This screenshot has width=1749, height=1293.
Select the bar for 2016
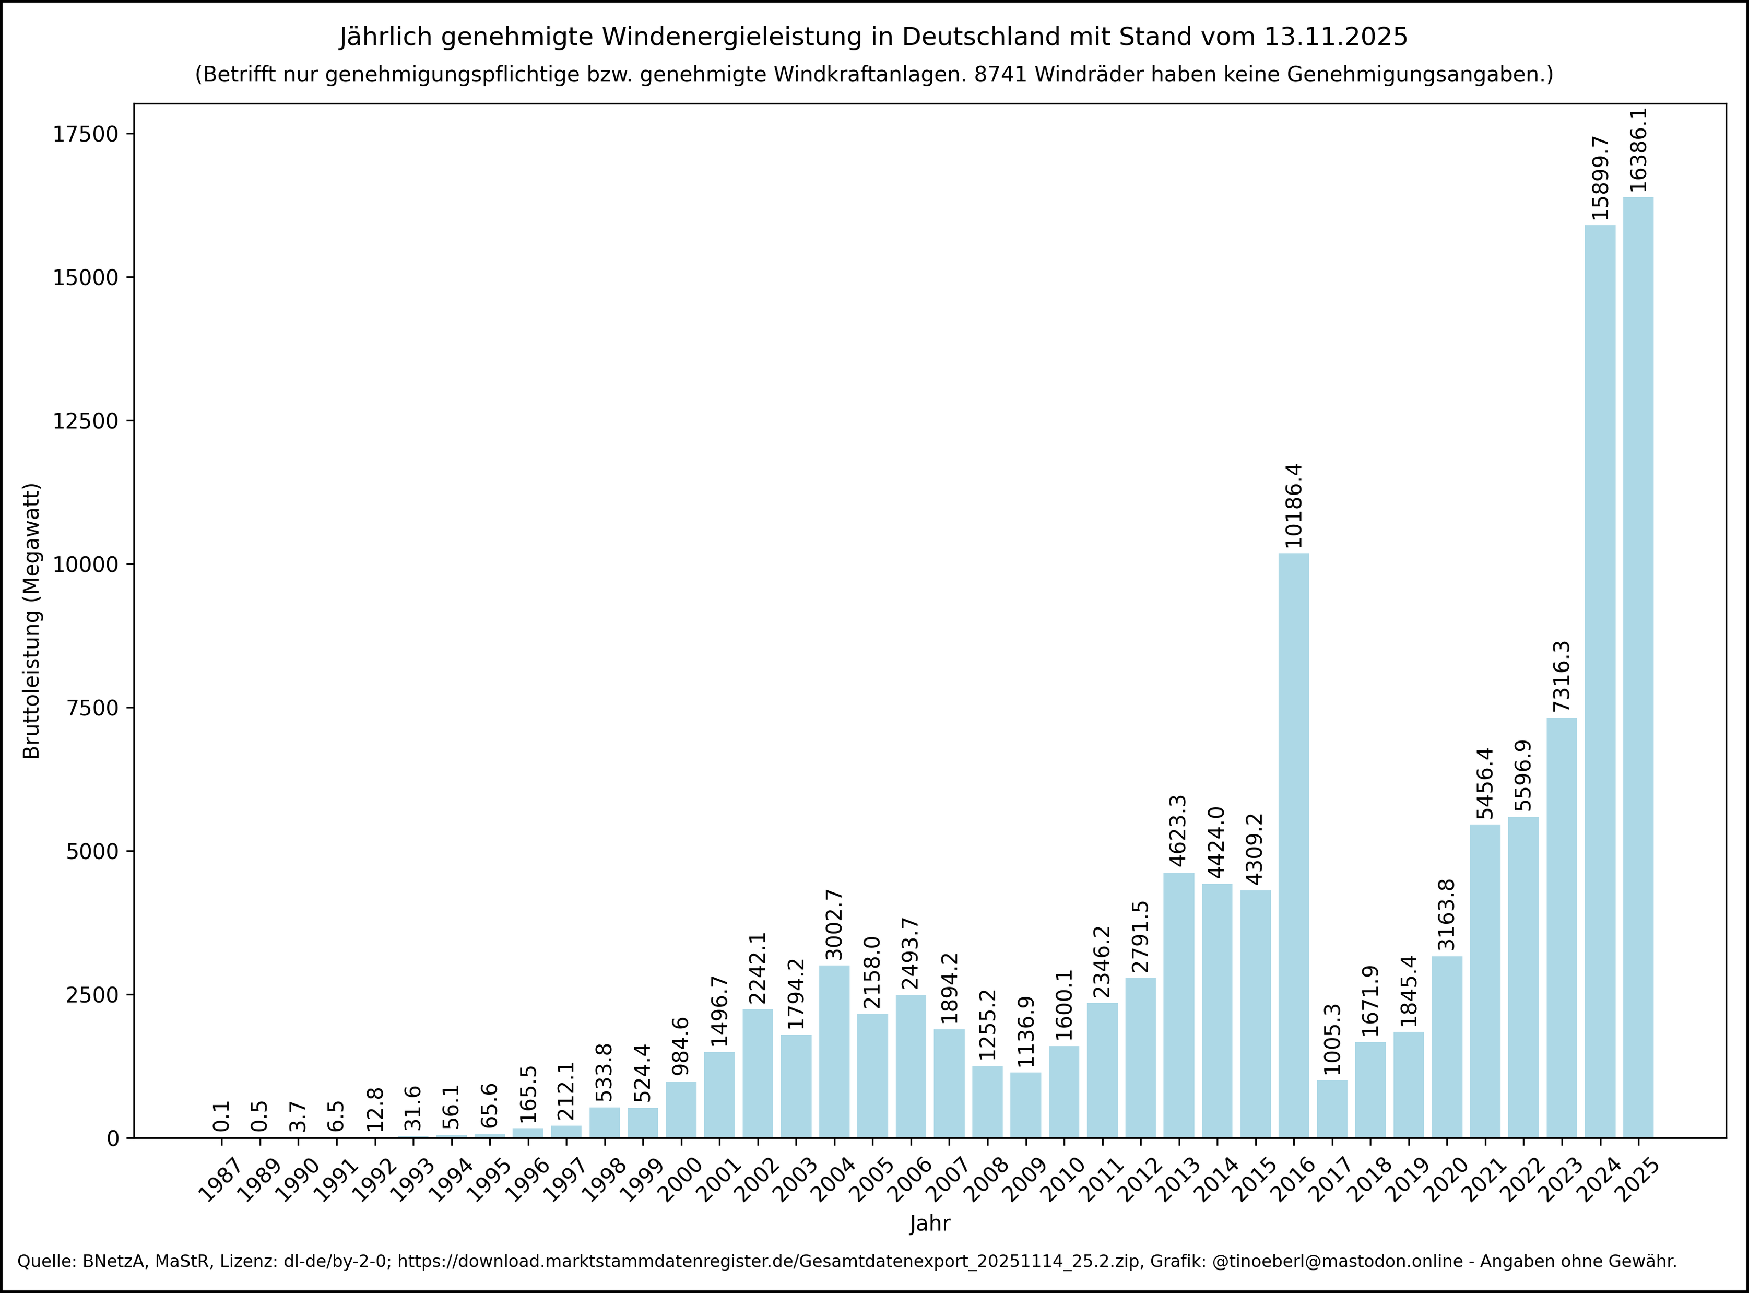tap(1294, 845)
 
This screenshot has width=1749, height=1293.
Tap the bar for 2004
tap(834, 1051)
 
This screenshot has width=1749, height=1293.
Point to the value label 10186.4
tap(1294, 506)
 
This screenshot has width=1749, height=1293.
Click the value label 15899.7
tap(1600, 179)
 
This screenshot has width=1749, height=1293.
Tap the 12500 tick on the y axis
tap(85, 421)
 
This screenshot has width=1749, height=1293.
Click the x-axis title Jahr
tap(930, 1224)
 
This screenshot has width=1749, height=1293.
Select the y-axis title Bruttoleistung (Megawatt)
tap(31, 621)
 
